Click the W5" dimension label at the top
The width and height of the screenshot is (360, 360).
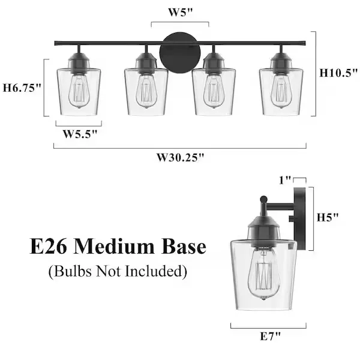click(180, 12)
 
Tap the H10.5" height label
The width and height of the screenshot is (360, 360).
click(338, 73)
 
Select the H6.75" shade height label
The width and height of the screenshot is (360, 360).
click(22, 88)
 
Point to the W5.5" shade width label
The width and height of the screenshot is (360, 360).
click(80, 134)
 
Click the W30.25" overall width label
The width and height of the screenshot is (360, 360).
click(180, 157)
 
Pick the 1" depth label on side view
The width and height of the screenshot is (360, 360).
click(285, 180)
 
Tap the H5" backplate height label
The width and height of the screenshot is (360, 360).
click(328, 217)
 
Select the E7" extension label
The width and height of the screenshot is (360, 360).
click(270, 337)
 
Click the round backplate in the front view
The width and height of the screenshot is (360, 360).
click(180, 53)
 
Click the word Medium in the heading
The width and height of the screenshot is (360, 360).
click(114, 247)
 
